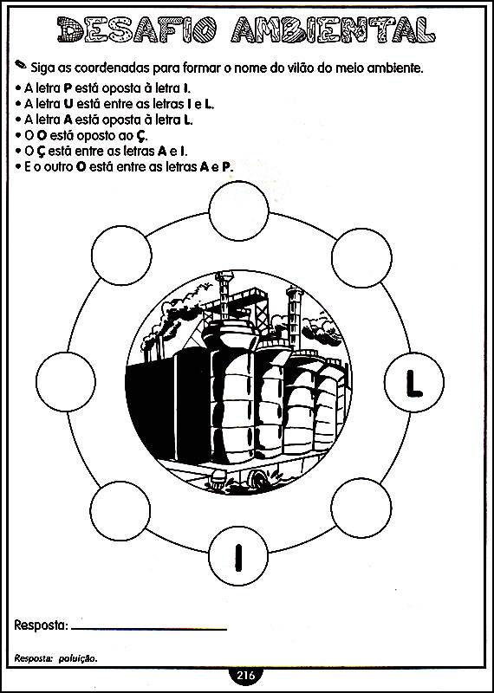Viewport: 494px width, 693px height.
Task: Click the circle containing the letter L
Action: click(414, 382)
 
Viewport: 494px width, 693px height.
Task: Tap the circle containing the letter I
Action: click(238, 555)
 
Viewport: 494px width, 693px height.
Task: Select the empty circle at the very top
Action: click(239, 210)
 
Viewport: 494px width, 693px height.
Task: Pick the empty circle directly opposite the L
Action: click(66, 381)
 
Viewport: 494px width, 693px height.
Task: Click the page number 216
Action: click(246, 675)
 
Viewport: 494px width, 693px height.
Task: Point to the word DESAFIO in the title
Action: click(137, 29)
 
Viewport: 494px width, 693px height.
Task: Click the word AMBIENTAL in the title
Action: click(333, 29)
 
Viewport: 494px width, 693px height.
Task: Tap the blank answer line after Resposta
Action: click(148, 629)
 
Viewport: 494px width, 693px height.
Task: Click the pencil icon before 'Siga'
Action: click(20, 64)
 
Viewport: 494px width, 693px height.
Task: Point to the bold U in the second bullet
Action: click(68, 104)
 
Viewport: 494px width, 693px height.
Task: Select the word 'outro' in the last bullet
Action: click(56, 167)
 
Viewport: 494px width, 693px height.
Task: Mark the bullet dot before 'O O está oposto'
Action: click(17, 136)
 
